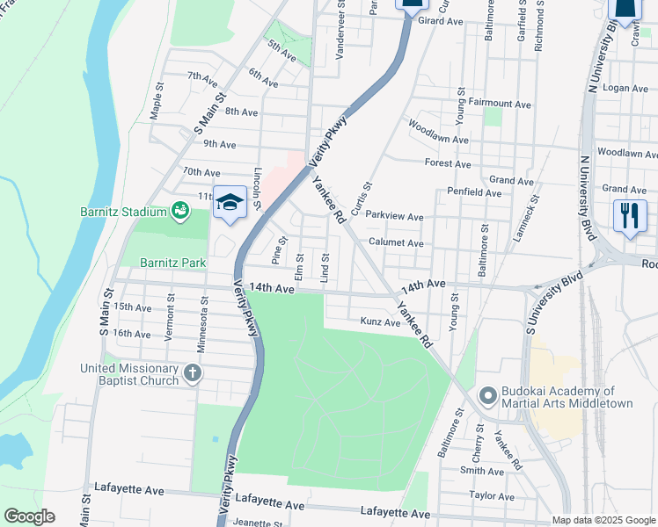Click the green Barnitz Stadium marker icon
[180, 211]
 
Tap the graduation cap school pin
[229, 203]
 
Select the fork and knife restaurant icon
[629, 215]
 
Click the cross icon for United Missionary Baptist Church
[192, 375]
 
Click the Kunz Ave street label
[380, 323]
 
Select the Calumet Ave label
[396, 243]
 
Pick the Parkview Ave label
[395, 217]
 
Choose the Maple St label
[157, 100]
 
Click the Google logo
[29, 516]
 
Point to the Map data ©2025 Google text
[603, 520]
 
